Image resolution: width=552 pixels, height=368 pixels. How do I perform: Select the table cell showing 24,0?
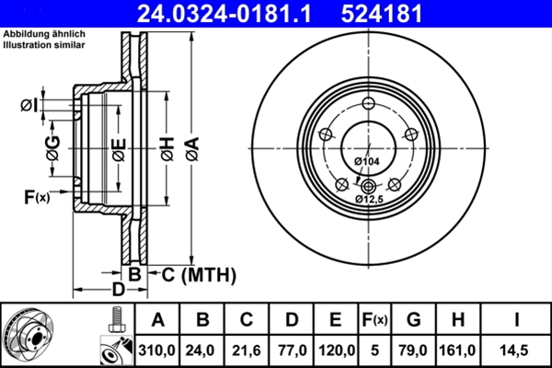(202, 350)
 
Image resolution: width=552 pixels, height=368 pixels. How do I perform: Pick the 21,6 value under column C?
(247, 350)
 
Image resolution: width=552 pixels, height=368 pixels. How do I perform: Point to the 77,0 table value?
(291, 350)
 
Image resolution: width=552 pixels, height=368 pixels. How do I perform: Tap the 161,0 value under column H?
(457, 350)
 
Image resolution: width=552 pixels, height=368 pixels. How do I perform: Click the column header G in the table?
(413, 320)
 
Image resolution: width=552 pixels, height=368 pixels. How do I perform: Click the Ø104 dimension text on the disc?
(366, 162)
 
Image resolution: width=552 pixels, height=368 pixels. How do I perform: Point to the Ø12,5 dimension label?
(369, 197)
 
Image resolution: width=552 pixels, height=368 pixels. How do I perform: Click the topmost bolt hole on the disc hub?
(368, 103)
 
